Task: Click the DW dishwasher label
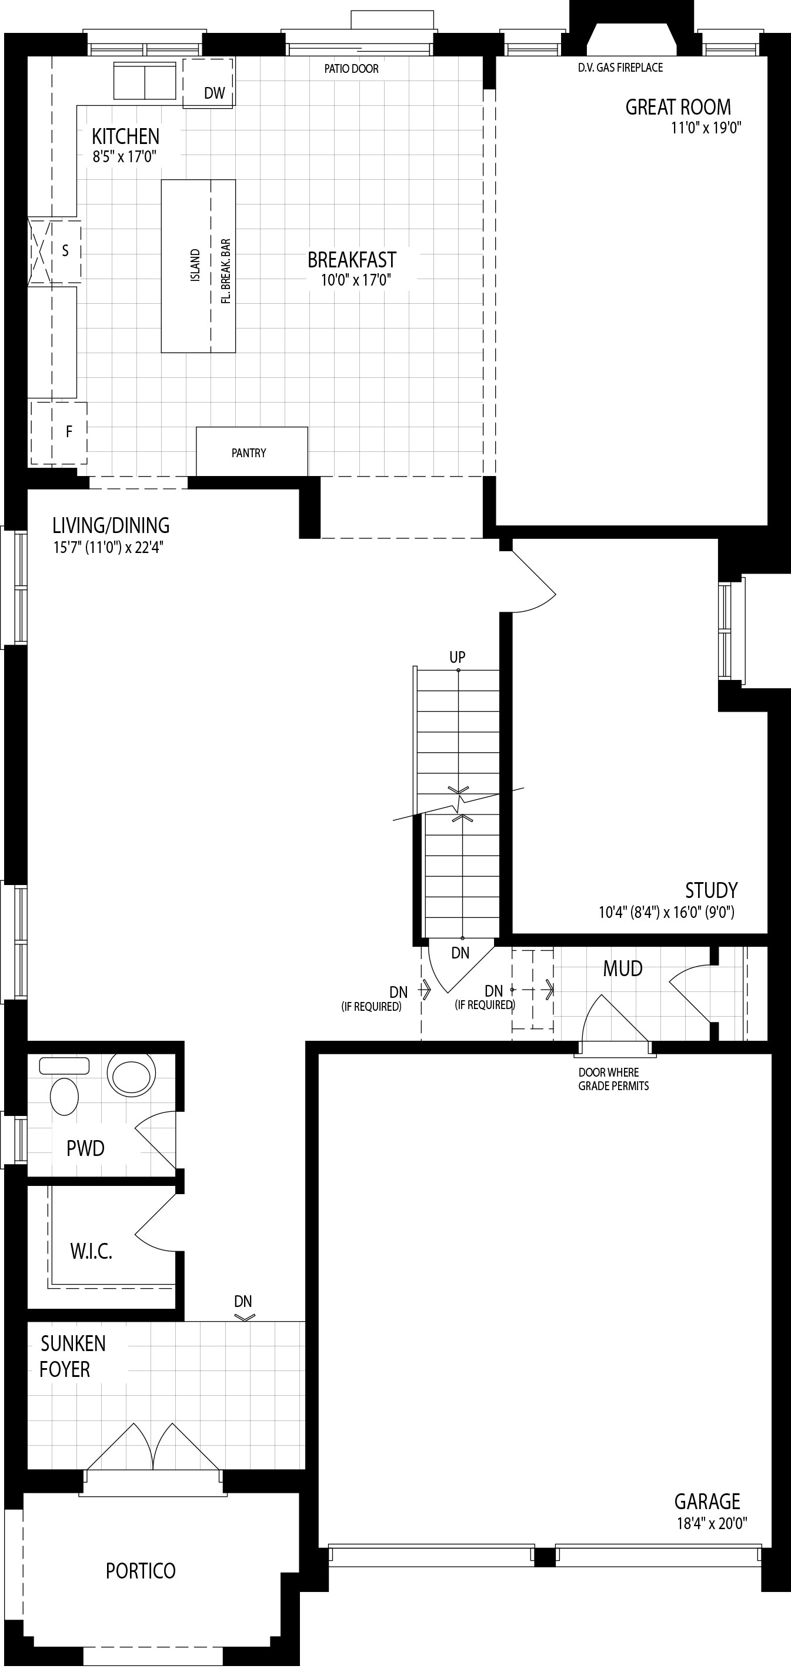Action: pos(214,93)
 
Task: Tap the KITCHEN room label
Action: pos(125,136)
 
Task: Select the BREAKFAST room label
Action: pos(352,260)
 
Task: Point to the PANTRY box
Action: pos(252,451)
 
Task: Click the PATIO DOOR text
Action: pos(352,69)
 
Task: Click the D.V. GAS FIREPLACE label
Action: pos(620,68)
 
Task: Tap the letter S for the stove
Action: pos(65,251)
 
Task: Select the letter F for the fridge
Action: pos(69,431)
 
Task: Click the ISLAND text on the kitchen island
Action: pos(195,265)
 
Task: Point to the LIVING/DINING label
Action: pos(111,525)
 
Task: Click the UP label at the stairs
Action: pos(457,657)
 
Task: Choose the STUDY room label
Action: pos(711,890)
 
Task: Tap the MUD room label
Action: pos(622,968)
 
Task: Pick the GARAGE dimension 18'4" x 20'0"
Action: pos(712,1523)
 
